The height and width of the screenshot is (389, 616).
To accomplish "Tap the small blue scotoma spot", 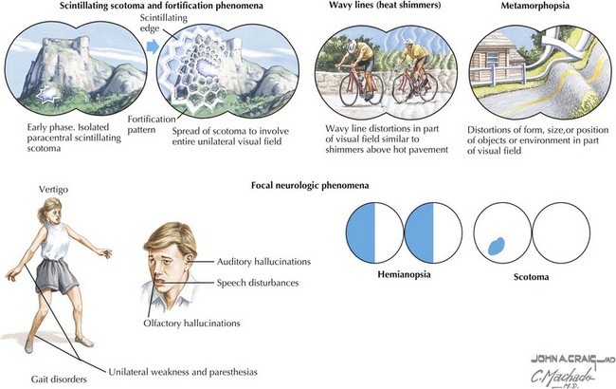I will (x=495, y=245).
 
